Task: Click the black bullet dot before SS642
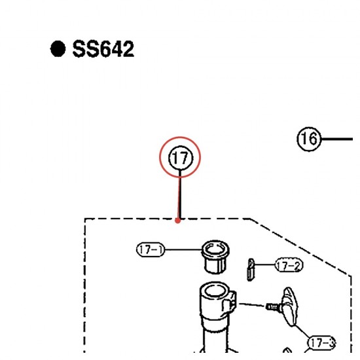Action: point(58,48)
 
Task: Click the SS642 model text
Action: point(103,49)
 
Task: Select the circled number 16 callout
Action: point(308,139)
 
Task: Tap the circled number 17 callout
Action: point(181,158)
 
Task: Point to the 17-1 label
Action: point(151,249)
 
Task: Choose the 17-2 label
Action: point(289,265)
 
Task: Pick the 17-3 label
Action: point(321,343)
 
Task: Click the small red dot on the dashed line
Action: point(177,221)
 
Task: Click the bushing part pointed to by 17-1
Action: point(215,257)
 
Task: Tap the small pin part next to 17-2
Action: point(250,270)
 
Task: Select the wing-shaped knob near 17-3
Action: point(290,306)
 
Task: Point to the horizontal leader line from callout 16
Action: point(336,139)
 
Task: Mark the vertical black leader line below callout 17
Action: point(180,194)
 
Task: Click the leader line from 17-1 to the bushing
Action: point(183,249)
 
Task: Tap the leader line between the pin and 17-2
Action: point(264,264)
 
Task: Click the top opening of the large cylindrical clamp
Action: point(215,291)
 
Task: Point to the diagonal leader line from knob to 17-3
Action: point(302,331)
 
